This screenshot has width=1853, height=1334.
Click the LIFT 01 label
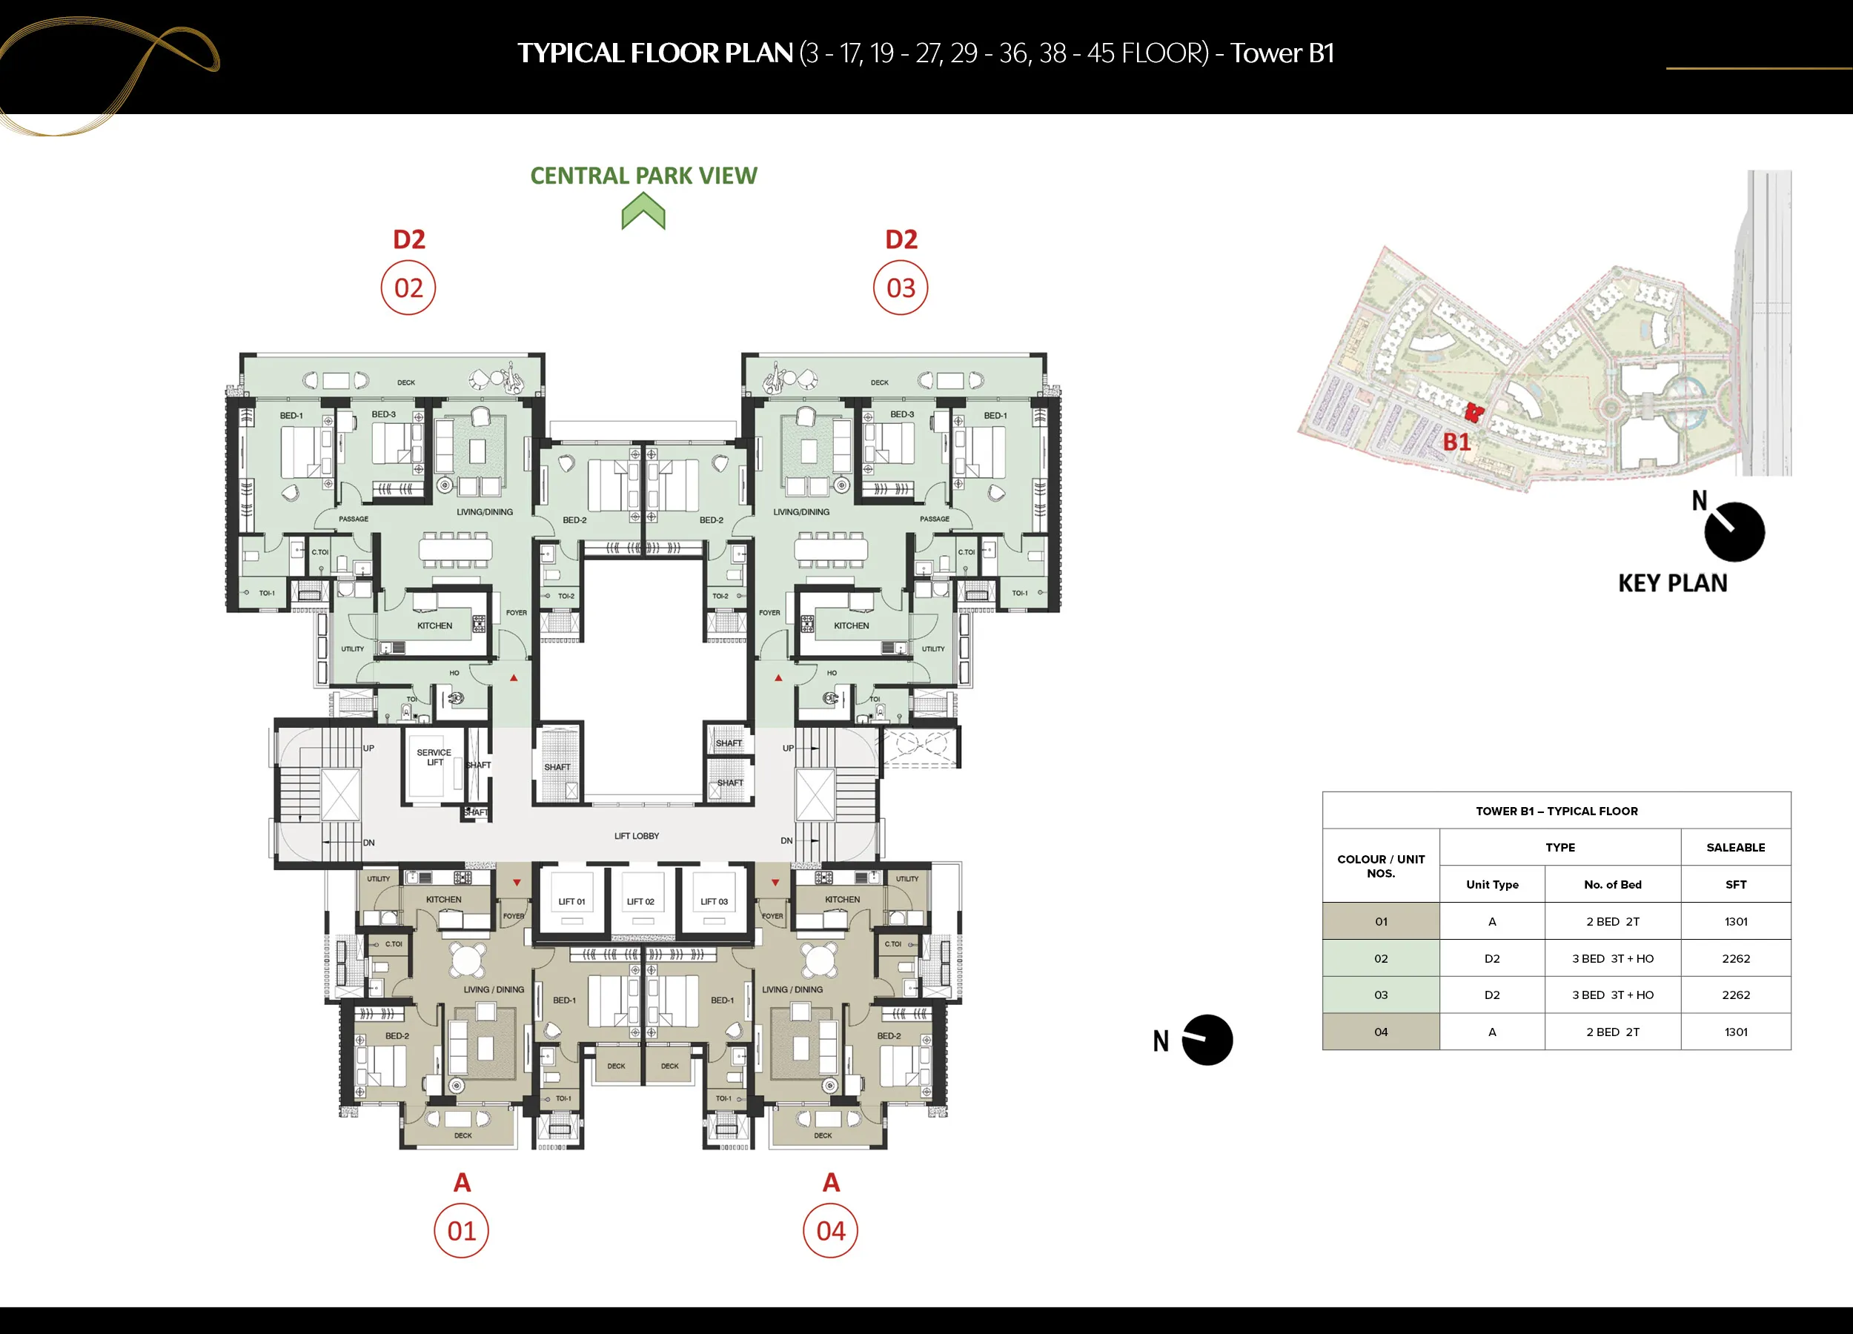[x=571, y=901]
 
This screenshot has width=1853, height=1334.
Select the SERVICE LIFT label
[x=434, y=757]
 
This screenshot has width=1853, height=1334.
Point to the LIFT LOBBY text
[x=637, y=836]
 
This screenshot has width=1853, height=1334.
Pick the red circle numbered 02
[x=408, y=288]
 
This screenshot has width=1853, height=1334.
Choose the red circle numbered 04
[x=831, y=1230]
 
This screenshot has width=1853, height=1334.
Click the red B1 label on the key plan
[x=1456, y=442]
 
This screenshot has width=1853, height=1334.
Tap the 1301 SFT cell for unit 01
[x=1736, y=921]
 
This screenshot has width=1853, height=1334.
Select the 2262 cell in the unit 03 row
[x=1736, y=995]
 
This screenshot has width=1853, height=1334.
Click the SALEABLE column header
[x=1736, y=847]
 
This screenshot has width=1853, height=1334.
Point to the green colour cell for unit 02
[x=1381, y=958]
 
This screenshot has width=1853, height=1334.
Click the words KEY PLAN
[x=1672, y=583]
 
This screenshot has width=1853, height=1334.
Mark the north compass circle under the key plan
[x=1734, y=532]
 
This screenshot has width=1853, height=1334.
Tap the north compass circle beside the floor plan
[x=1207, y=1040]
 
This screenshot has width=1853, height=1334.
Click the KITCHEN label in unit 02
[x=434, y=625]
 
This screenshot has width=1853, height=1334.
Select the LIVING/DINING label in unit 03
[x=801, y=512]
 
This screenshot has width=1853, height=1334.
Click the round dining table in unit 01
[x=468, y=959]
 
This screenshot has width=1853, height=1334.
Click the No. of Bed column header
[x=1613, y=885]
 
